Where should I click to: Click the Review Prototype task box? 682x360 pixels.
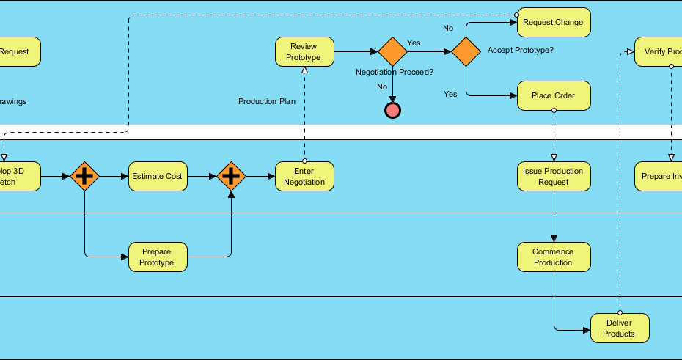[x=304, y=51]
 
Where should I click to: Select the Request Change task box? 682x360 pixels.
[x=553, y=22]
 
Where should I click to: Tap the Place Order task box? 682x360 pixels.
[x=553, y=95]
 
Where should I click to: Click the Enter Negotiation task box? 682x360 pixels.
[x=304, y=176]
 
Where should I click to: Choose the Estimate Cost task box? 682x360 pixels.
[x=158, y=176]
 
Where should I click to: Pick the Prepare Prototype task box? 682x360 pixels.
[x=158, y=257]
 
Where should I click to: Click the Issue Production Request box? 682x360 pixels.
[x=553, y=176]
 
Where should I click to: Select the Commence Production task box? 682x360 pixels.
[x=553, y=257]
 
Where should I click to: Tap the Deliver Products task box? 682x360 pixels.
[x=619, y=328]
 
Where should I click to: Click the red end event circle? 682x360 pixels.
[x=393, y=110]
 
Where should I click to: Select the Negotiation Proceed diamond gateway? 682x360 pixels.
[x=393, y=51]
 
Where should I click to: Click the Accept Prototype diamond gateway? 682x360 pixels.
[x=466, y=51]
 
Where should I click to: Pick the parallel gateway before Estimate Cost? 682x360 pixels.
[x=85, y=176]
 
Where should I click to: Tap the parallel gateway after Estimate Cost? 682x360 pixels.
[x=231, y=176]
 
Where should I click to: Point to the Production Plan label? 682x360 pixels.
[x=267, y=101]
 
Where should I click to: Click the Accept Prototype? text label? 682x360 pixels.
[x=520, y=50]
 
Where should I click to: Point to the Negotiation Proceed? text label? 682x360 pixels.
[x=395, y=72]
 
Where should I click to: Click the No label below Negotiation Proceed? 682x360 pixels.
[x=382, y=87]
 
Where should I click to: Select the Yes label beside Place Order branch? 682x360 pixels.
[x=450, y=94]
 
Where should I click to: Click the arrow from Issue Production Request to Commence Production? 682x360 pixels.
[x=553, y=216]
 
